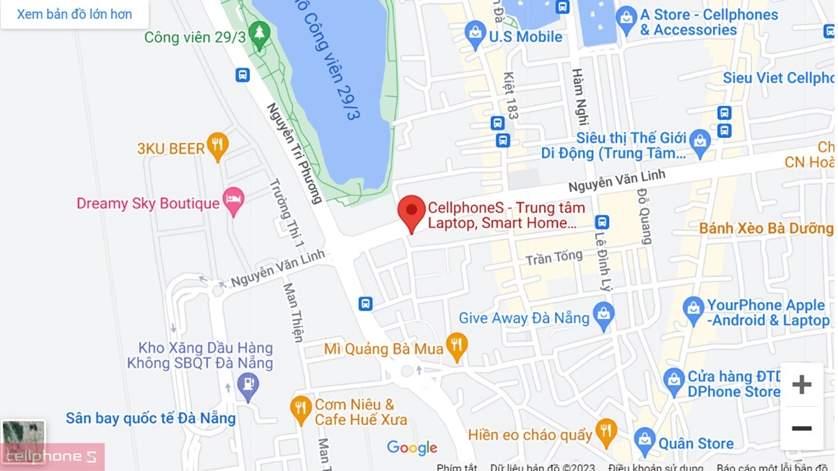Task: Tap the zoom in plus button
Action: click(x=802, y=384)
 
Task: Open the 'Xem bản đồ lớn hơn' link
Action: click(x=74, y=14)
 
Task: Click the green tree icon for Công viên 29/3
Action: click(x=260, y=33)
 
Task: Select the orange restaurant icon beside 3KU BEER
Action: click(x=219, y=144)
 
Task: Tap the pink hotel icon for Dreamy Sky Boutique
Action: click(x=233, y=200)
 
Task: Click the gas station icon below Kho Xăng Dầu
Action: click(x=247, y=384)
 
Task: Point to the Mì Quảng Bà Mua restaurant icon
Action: click(x=457, y=345)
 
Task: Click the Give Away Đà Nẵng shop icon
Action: click(x=603, y=315)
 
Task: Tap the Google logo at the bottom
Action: click(x=412, y=448)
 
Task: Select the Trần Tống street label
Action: click(x=554, y=257)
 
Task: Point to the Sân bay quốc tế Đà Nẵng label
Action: click(x=150, y=419)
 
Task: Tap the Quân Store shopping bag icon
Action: click(x=645, y=440)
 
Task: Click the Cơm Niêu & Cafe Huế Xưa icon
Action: click(x=301, y=408)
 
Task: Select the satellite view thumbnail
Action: click(x=23, y=437)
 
